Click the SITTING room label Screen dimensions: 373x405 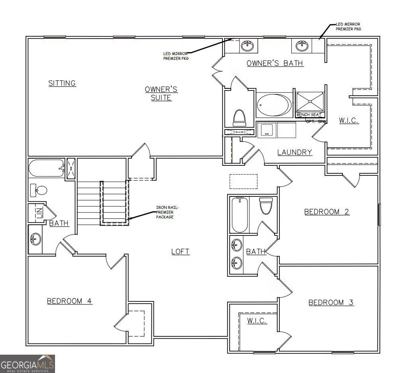coord(62,83)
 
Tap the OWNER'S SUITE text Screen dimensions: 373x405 coord(161,93)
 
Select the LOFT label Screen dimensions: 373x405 coord(180,251)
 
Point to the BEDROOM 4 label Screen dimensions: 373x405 coord(69,301)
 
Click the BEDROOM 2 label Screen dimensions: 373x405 coord(326,212)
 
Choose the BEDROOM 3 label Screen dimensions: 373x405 coord(331,302)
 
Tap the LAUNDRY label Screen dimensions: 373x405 coord(294,152)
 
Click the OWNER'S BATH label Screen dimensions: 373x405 coord(275,63)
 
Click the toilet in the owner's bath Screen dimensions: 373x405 coord(239,117)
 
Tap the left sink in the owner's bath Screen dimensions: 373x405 coord(248,45)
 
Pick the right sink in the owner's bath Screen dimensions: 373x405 coord(303,45)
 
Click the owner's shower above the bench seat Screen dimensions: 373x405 coord(309,102)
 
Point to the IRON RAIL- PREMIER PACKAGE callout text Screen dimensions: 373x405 coord(165,212)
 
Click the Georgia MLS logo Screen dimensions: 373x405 coord(28,363)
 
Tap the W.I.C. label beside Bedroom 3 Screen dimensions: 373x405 coord(257,321)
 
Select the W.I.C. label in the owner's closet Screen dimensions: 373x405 coord(349,120)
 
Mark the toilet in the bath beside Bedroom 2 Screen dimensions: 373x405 coord(265,206)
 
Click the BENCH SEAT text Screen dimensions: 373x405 coord(309,115)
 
